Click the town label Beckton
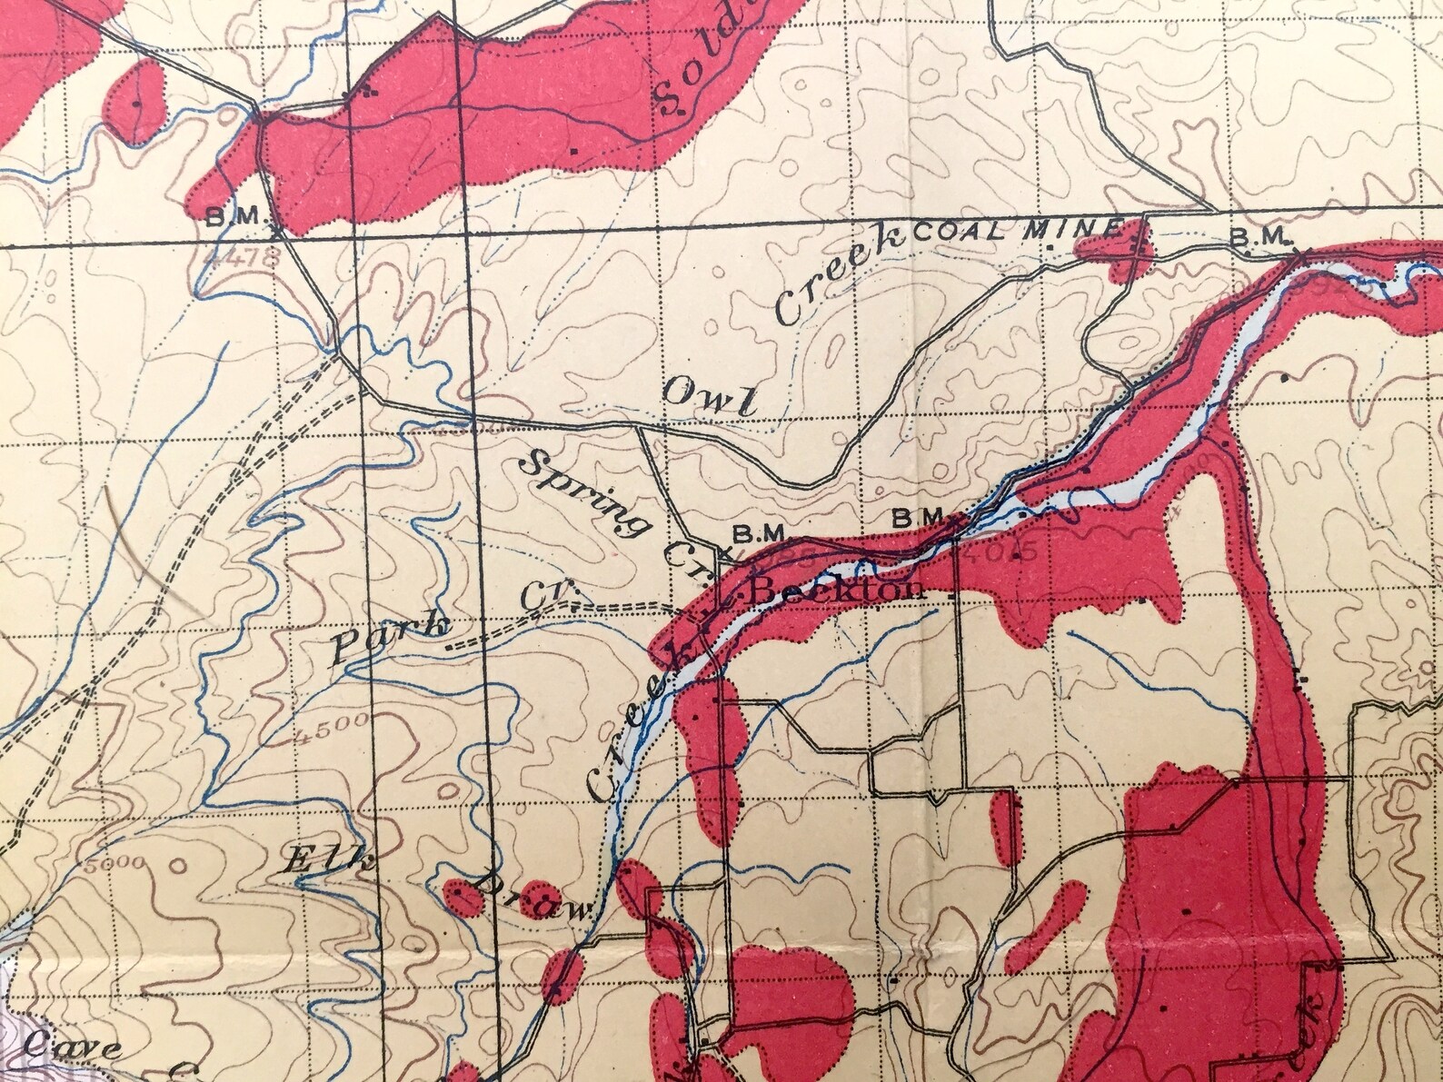click(x=838, y=591)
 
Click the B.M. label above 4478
click(x=234, y=216)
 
